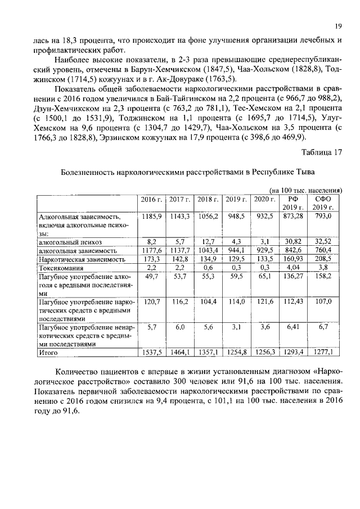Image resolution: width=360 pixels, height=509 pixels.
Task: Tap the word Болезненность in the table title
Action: click(88, 171)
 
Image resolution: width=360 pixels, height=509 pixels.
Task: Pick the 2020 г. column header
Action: click(264, 199)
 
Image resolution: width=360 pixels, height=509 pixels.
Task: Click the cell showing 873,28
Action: click(292, 216)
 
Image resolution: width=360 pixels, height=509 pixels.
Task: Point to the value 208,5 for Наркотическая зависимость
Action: click(323, 259)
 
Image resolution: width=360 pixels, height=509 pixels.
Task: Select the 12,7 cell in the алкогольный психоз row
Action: click(208, 241)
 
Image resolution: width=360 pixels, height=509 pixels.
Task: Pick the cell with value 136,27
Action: click(292, 277)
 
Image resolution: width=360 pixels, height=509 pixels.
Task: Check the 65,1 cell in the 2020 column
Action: click(264, 277)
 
